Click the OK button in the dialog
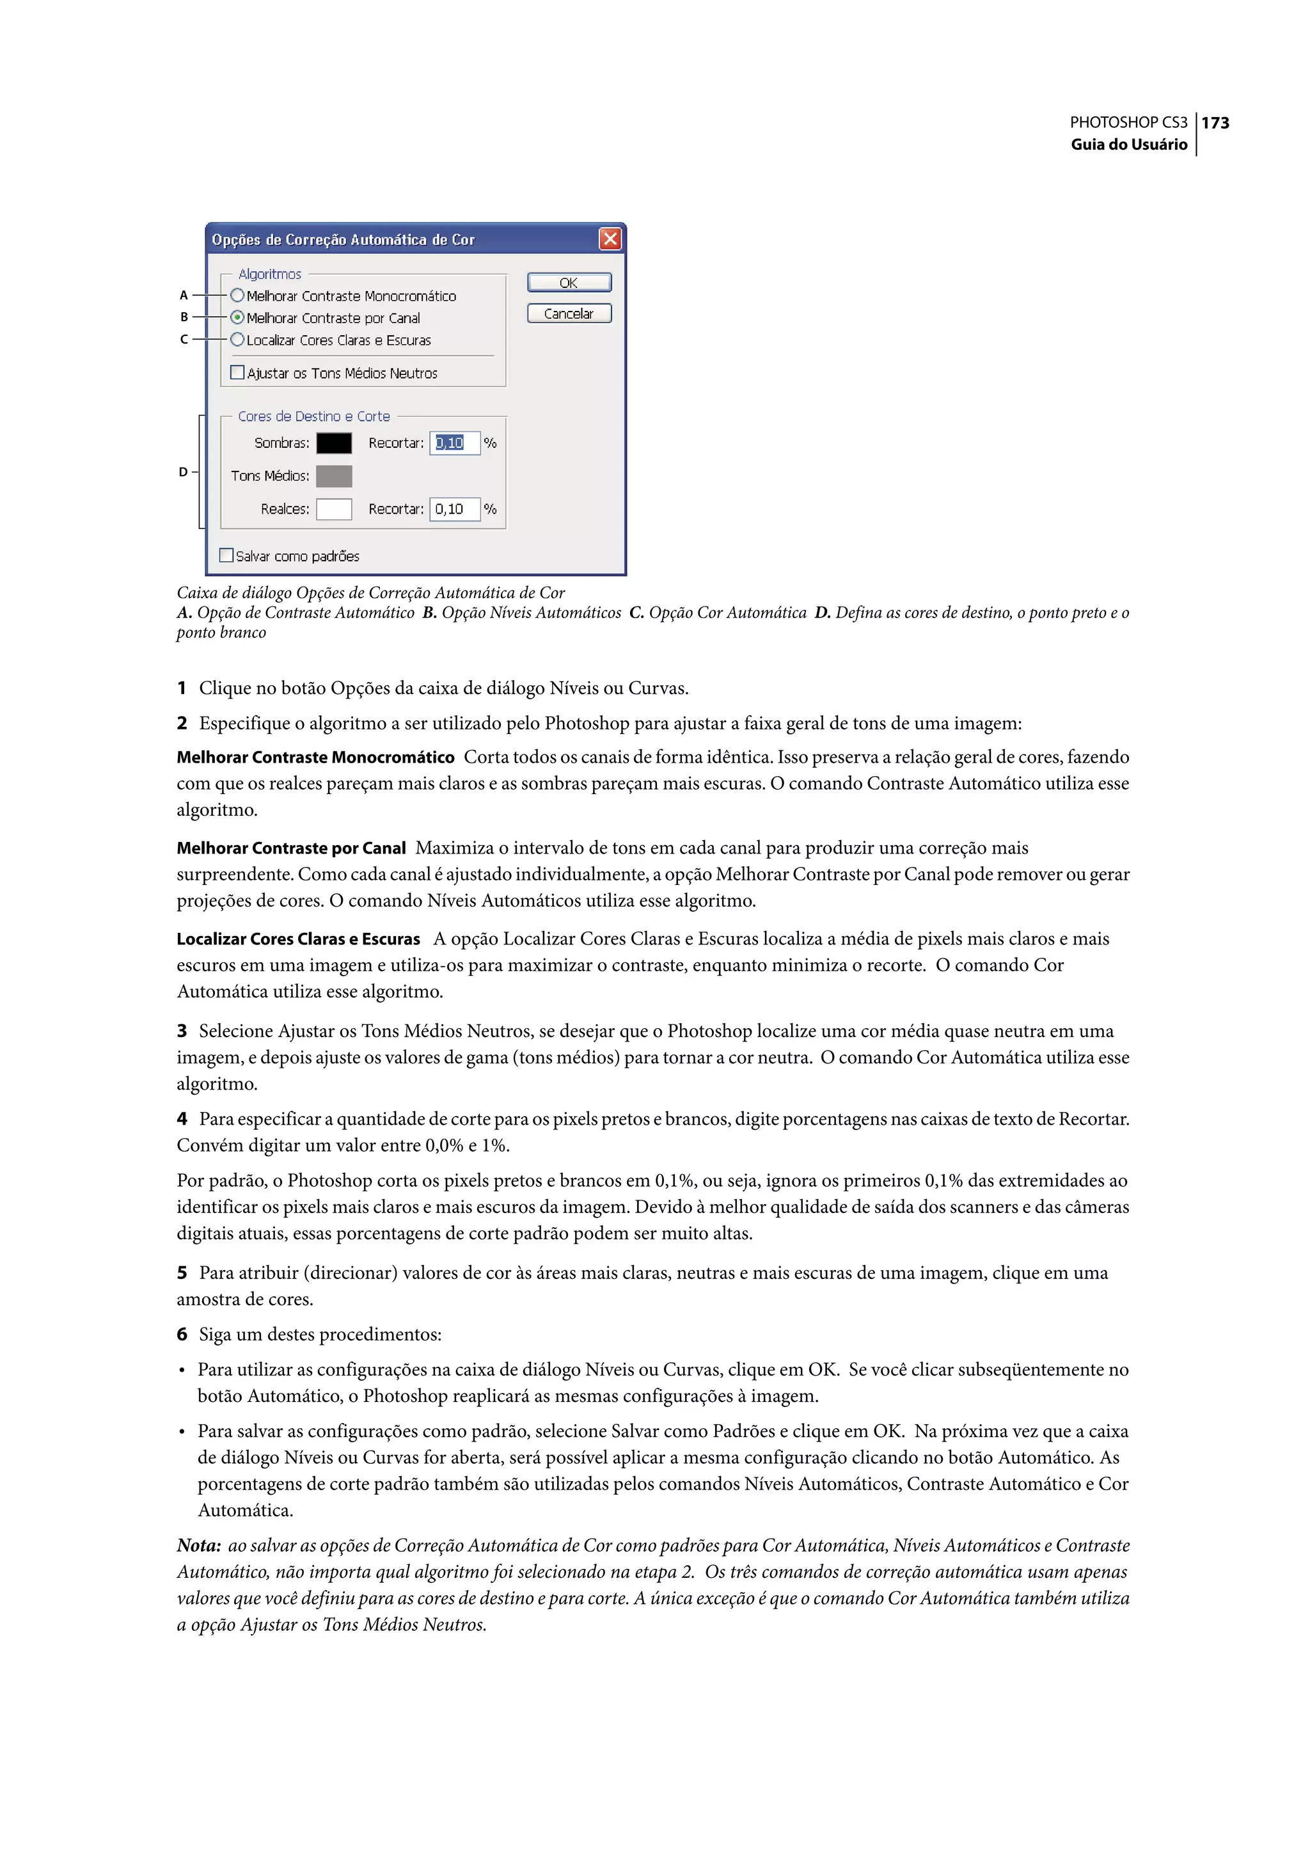point(569,282)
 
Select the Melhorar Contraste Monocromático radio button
point(237,296)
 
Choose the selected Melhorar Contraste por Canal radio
point(237,317)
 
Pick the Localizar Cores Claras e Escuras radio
point(237,340)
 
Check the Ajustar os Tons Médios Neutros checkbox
point(237,373)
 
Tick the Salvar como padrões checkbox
point(226,555)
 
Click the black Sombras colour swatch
point(334,443)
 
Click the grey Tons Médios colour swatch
point(334,476)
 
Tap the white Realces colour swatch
point(334,509)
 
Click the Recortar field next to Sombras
point(454,443)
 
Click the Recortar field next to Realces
point(454,509)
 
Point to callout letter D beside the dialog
point(183,472)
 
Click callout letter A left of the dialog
point(184,296)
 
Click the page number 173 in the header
point(1215,123)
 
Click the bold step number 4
point(182,1118)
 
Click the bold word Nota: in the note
point(198,1545)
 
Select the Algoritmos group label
point(269,274)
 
